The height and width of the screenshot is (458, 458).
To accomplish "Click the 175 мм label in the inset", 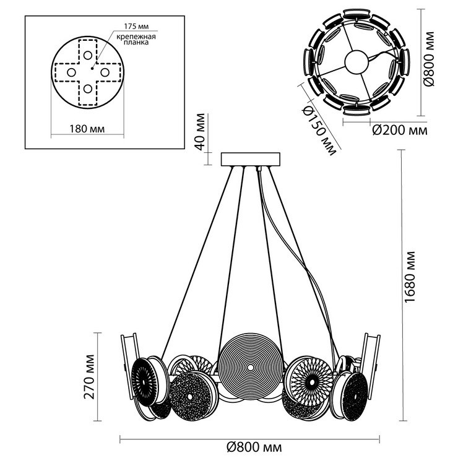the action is [136, 26].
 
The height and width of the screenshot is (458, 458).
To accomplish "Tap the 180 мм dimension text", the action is [87, 129].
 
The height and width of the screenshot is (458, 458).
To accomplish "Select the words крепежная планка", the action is [136, 40].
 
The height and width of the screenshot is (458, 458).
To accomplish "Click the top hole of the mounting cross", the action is [88, 55].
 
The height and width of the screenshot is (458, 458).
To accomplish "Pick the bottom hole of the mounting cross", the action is [88, 89].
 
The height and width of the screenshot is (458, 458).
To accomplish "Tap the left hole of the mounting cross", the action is [71, 72].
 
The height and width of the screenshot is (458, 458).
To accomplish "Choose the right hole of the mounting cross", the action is [105, 72].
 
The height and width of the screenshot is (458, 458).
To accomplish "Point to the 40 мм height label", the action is [200, 132].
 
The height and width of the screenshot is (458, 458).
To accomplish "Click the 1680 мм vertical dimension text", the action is [410, 277].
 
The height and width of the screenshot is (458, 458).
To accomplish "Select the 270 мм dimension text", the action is [89, 377].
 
